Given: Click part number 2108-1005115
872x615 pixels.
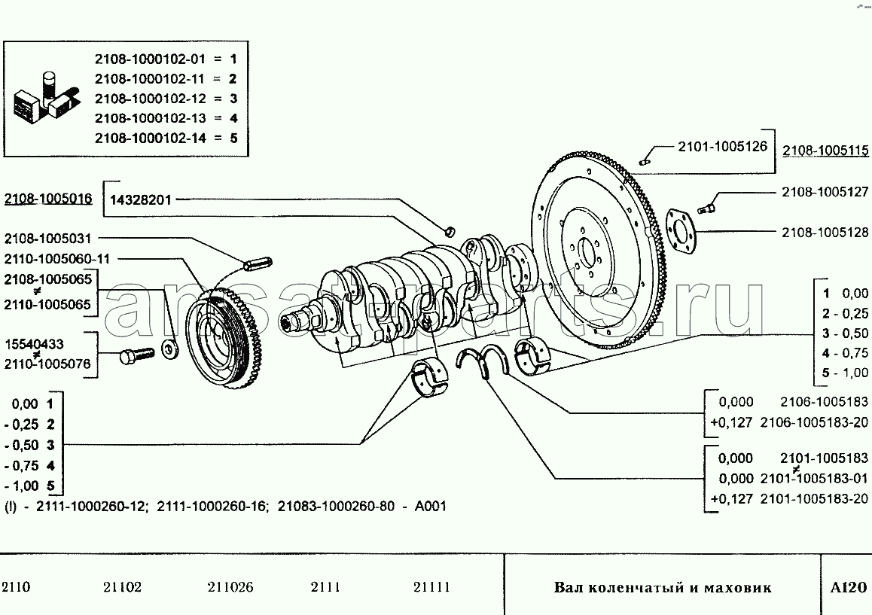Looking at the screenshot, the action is (825, 150).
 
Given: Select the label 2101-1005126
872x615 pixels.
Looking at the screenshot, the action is (722, 146).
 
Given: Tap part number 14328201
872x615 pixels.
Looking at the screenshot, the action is (141, 199).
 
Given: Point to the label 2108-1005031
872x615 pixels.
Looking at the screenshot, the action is (47, 239).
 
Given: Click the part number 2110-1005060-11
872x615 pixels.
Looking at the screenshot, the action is (56, 258).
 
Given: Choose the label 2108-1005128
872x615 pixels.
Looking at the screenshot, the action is (825, 233).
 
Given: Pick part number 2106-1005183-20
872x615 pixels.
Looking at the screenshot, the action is (814, 422).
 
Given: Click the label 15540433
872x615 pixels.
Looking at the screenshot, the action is (34, 344).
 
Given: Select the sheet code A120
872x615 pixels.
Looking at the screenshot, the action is (848, 587).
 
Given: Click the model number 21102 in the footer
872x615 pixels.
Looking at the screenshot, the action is (122, 587).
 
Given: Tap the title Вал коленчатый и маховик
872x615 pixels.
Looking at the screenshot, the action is (663, 588).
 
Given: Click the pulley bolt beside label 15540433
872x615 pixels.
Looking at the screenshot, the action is (136, 355).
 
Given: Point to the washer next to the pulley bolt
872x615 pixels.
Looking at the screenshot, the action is (169, 349).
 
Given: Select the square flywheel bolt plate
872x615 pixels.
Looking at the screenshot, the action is (681, 231).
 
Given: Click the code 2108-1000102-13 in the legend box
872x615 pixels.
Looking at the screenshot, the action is (150, 118).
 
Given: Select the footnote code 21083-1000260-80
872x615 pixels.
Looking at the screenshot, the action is (336, 506).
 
